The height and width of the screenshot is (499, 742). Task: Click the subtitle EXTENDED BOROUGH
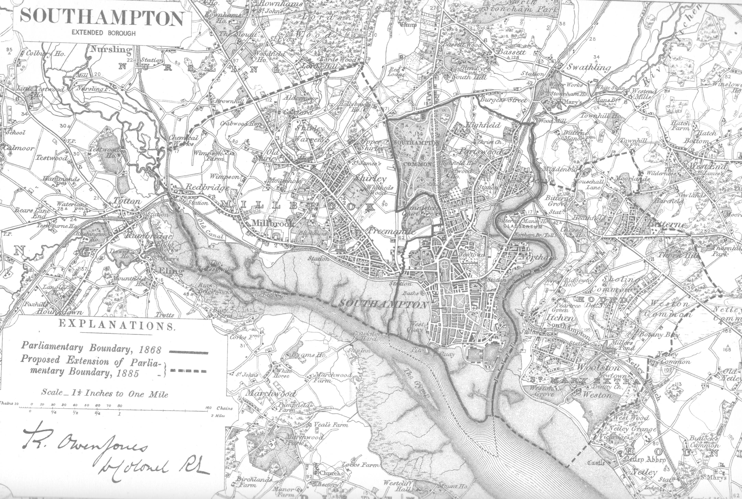[x=103, y=33]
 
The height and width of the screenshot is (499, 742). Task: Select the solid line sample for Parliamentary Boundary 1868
[x=188, y=352]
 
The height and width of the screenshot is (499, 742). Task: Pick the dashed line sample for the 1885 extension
[x=188, y=371]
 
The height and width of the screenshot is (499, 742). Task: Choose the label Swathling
[x=589, y=67]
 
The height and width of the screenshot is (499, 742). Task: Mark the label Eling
[x=173, y=271]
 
